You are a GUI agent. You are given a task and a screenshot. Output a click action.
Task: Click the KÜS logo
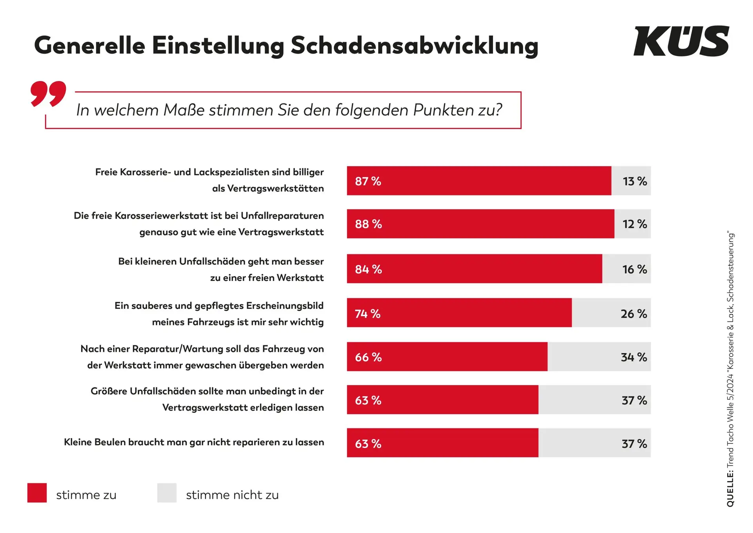[x=681, y=41]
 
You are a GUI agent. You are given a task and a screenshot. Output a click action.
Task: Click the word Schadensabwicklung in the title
[x=414, y=46]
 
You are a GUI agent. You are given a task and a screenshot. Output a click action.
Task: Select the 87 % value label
[x=368, y=181]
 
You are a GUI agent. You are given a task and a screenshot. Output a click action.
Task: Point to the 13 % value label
[x=635, y=181]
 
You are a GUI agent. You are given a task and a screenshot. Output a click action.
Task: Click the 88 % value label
[x=368, y=224]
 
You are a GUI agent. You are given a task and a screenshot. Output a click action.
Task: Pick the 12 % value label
[x=635, y=224]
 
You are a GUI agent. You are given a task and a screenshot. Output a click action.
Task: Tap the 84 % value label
[x=368, y=269]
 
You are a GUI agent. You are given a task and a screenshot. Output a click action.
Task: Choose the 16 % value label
[x=635, y=269]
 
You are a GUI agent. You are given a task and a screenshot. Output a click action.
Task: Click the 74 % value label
[x=367, y=314]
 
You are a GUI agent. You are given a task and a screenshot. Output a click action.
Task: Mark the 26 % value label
[x=634, y=314]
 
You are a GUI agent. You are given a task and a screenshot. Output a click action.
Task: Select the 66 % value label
[x=368, y=357]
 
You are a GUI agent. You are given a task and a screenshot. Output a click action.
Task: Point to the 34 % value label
[x=634, y=357]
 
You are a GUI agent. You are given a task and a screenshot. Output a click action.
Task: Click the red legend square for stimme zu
[x=37, y=493]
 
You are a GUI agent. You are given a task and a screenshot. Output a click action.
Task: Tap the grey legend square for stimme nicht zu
[x=167, y=493]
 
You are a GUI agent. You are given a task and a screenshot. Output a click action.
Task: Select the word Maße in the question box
[x=184, y=110]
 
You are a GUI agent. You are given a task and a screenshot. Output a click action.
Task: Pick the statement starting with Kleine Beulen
[x=194, y=442]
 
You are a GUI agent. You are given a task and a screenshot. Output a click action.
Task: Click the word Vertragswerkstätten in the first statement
[x=275, y=189]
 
